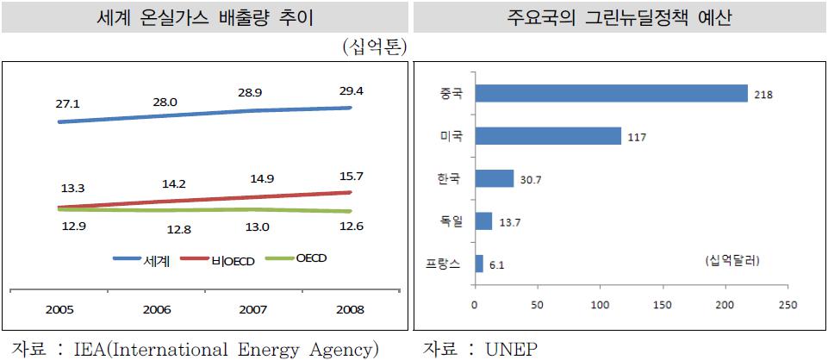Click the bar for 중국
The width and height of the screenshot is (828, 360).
[610, 93]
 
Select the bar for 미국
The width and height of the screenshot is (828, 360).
[547, 135]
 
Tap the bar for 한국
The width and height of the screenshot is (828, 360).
[493, 178]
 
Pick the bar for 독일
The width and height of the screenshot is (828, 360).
[482, 221]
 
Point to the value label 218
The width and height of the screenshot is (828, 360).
[763, 94]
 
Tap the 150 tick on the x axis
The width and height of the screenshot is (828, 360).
[662, 304]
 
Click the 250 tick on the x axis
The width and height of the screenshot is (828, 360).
[787, 304]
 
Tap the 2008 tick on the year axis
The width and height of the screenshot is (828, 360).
[350, 309]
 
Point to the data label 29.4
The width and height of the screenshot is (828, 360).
[351, 88]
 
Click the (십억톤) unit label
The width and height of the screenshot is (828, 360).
[374, 45]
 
